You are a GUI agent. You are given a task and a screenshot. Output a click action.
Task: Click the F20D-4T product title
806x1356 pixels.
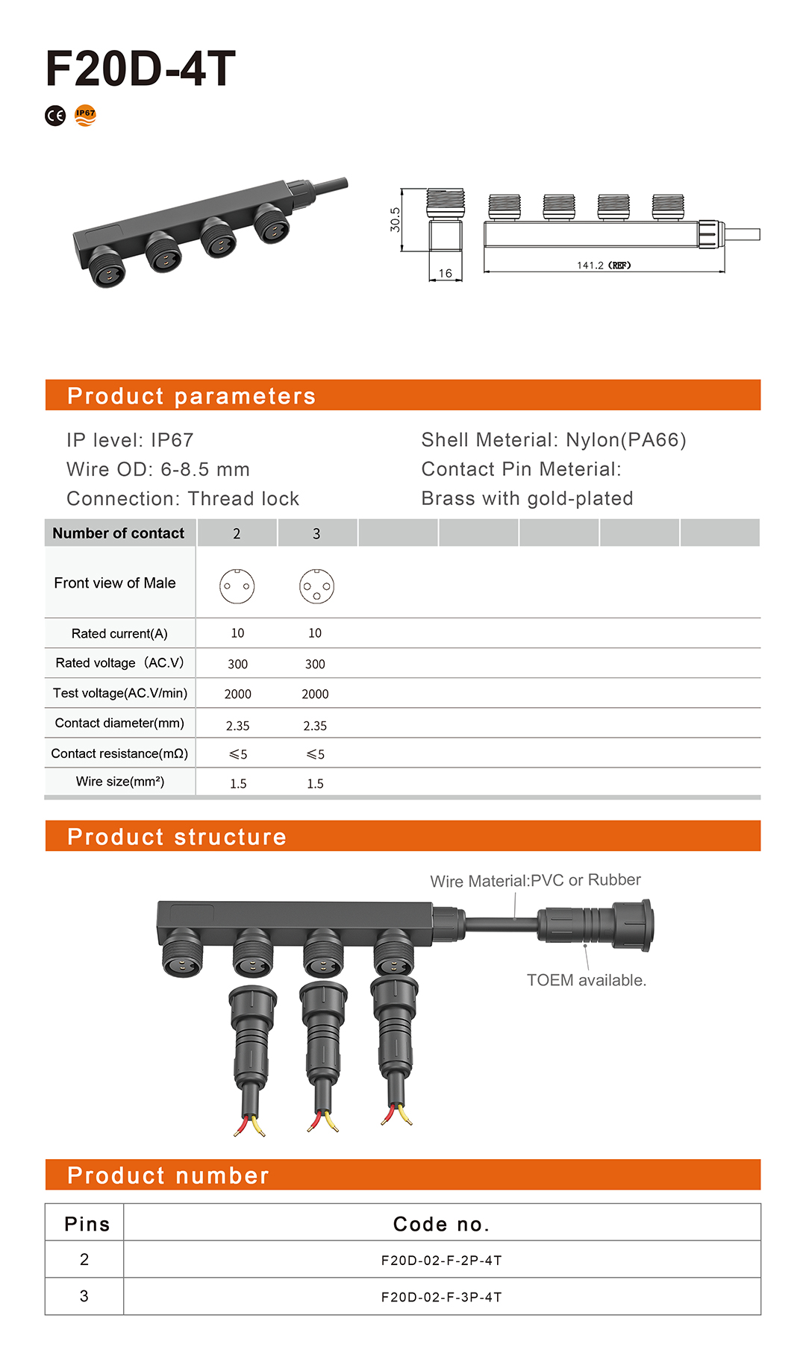coord(140,69)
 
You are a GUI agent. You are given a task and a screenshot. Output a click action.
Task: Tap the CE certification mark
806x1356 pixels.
coord(55,116)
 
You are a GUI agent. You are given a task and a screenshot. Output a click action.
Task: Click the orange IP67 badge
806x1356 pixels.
coord(86,116)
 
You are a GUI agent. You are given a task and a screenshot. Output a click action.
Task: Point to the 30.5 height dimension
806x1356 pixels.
coord(395,219)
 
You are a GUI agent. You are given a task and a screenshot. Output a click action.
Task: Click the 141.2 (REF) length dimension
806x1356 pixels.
coord(604,265)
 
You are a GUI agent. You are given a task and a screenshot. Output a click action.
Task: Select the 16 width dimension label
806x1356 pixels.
coord(446,274)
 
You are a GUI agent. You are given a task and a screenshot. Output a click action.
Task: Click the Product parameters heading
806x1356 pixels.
coord(191,396)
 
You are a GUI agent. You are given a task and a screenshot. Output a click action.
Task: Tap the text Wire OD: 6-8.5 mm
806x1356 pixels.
coord(158,469)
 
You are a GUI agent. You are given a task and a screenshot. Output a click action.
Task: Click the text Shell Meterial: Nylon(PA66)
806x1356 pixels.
coord(554,440)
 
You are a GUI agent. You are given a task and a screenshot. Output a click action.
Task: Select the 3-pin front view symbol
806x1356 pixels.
coord(316,586)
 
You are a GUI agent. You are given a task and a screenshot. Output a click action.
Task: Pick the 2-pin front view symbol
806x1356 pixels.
coord(237,586)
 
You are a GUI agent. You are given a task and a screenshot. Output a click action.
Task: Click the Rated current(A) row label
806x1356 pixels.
coord(119,633)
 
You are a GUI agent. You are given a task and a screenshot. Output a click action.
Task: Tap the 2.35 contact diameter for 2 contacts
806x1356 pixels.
coord(237,726)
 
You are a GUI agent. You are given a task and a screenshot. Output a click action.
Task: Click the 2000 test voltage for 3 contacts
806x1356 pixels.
coord(315,694)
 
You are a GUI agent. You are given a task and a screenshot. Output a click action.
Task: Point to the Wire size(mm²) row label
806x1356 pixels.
coord(120,782)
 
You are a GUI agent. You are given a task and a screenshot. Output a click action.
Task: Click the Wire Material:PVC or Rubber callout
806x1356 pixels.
coord(535,880)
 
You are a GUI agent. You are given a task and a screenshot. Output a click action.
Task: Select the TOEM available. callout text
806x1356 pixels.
coord(587,980)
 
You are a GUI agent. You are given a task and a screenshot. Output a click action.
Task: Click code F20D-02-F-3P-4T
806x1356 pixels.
coord(441,1297)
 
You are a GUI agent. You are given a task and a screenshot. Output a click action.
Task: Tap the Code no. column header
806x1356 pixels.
coord(441,1224)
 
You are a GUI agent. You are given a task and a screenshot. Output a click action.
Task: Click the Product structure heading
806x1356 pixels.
coord(177,837)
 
